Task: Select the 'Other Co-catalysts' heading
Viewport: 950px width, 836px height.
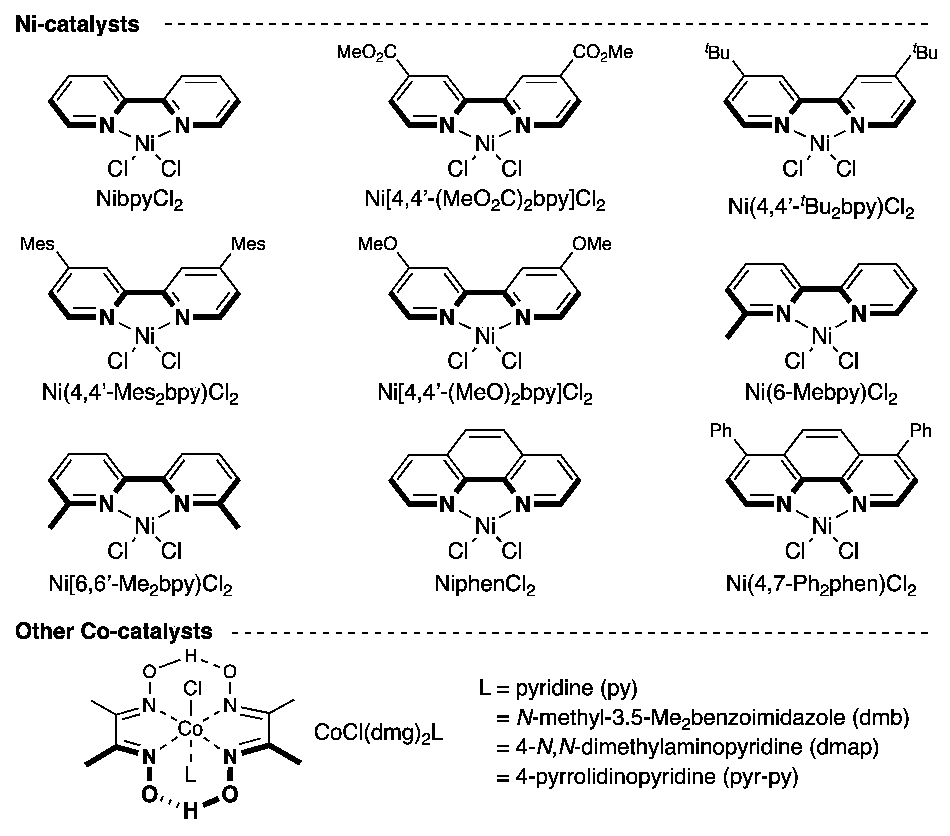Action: tap(114, 631)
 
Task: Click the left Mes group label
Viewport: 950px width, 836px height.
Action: tap(37, 244)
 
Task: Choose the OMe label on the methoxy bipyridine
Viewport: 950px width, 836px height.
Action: tap(591, 244)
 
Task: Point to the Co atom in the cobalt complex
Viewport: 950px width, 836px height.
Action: tap(190, 729)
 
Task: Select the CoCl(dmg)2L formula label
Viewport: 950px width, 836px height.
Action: tap(378, 733)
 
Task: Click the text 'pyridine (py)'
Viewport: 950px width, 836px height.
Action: tap(576, 688)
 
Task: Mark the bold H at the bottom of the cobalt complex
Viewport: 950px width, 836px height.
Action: tap(190, 811)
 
